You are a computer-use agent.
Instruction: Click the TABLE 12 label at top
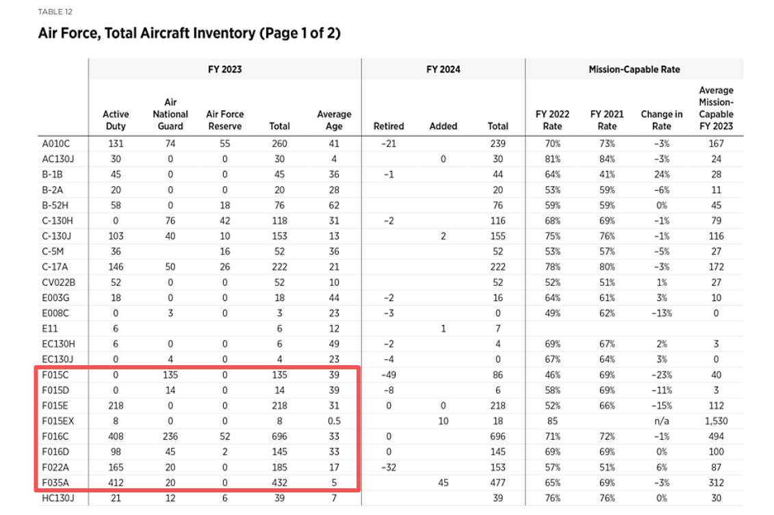55,12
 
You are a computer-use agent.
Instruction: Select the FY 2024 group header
443,69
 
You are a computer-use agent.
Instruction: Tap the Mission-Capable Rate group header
634,69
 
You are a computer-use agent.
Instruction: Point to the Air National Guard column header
170,114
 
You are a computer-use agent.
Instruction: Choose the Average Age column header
334,120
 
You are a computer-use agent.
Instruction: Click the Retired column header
389,126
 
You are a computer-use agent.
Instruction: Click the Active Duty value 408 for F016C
116,436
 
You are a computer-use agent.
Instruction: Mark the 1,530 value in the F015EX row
716,421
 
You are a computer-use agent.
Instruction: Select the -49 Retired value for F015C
389,375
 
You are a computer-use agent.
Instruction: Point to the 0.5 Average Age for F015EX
334,421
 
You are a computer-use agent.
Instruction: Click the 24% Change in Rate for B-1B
661,174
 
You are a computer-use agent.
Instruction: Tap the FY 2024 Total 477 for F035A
498,482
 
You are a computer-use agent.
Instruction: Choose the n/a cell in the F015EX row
661,421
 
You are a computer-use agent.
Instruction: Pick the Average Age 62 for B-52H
334,205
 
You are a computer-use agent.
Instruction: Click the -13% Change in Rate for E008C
661,313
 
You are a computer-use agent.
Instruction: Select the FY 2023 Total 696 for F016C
279,436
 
